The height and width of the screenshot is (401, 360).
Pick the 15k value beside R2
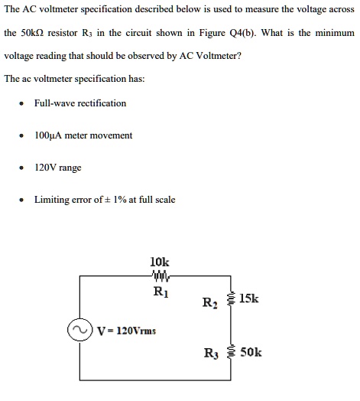point(249,298)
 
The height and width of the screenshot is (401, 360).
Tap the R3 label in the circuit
point(209,353)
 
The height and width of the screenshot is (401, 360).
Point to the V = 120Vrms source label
point(126,331)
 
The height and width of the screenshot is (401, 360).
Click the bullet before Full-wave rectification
point(24,103)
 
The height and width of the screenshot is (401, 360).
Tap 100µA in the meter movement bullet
point(48,135)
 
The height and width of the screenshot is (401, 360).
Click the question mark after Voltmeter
point(240,56)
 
